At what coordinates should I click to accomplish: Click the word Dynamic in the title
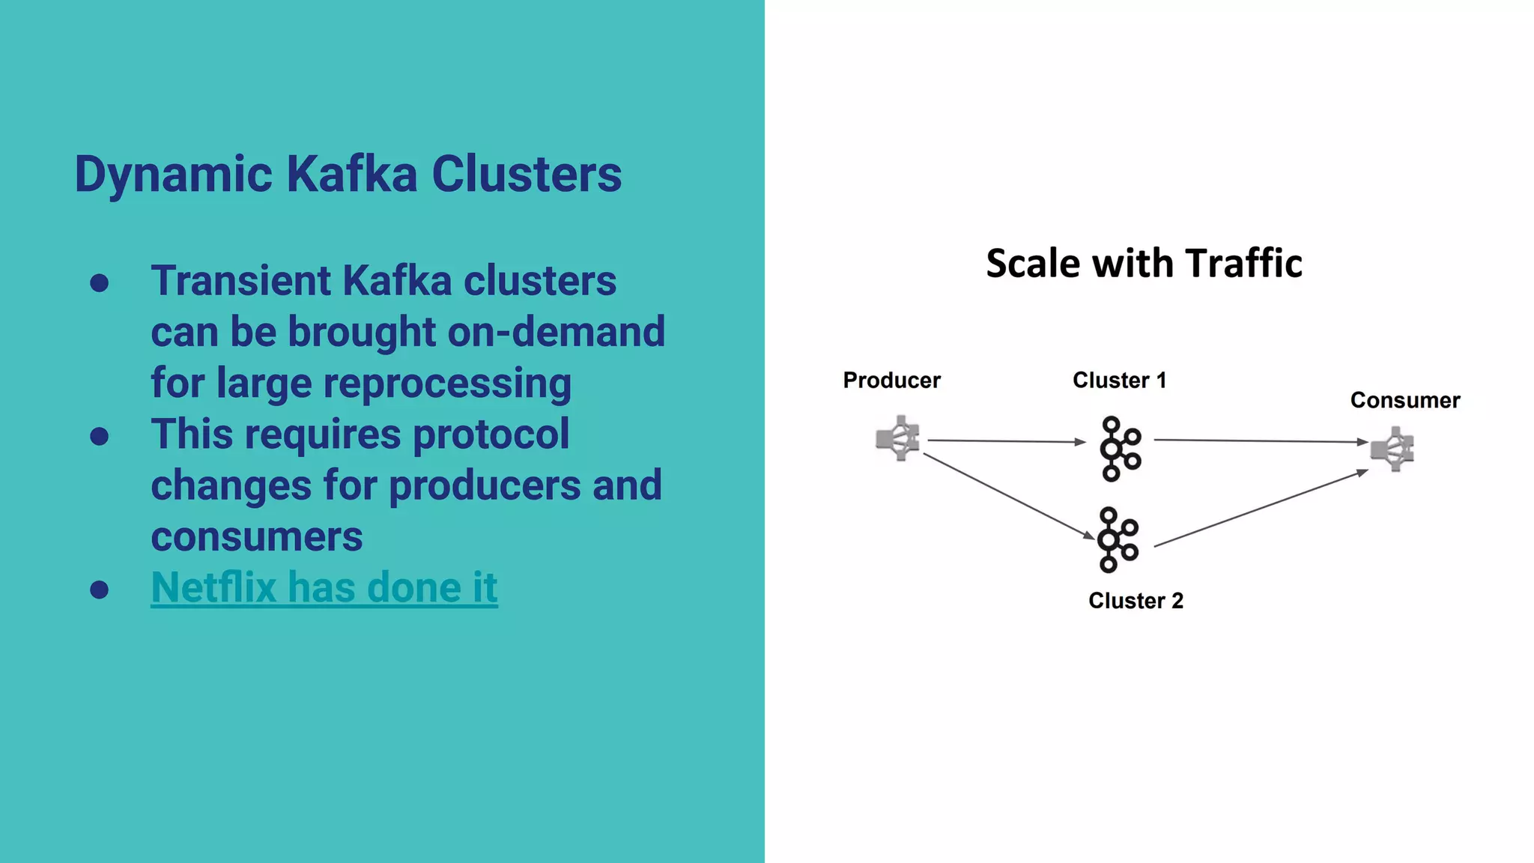pos(173,175)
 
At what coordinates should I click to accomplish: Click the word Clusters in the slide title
pos(526,175)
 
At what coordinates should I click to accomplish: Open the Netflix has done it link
pos(324,587)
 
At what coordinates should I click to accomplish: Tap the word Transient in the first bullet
pos(240,282)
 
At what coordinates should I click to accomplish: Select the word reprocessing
pos(447,384)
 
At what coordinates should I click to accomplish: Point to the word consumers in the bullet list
pos(257,537)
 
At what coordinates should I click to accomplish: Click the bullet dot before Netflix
pos(99,590)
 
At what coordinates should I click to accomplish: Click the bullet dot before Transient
pos(99,284)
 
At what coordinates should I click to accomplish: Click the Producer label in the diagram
pos(891,381)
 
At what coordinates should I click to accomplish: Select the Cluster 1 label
pos(1119,381)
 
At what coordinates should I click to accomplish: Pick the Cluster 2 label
pos(1136,601)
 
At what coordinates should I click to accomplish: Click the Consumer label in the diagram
pos(1404,401)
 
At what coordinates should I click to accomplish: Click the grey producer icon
pos(897,438)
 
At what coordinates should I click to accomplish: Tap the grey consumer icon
pos(1392,449)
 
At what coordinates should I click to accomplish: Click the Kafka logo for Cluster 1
pos(1119,449)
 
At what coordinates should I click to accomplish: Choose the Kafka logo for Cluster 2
pos(1117,540)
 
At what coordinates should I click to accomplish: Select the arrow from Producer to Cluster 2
pos(1007,495)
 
